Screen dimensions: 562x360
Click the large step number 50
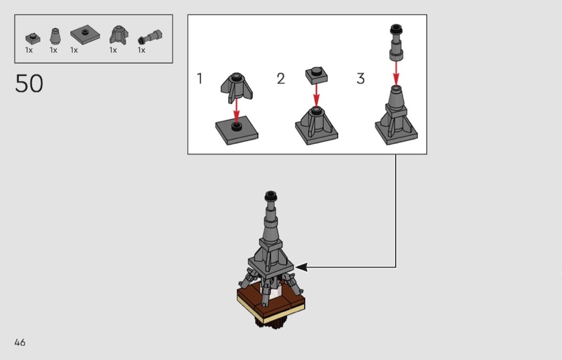29,83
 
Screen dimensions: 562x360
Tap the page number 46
20,342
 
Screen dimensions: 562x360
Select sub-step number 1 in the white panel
200,79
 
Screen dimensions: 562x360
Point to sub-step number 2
280,79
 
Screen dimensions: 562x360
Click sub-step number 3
361,79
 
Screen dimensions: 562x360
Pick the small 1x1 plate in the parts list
33,38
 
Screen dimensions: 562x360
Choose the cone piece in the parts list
55,36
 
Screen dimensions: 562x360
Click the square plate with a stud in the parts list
85,35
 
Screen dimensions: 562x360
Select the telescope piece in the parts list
150,37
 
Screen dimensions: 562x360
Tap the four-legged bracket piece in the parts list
119,35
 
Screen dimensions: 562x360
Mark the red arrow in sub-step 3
396,73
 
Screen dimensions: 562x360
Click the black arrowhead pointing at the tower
301,267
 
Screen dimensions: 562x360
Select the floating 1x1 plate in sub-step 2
316,75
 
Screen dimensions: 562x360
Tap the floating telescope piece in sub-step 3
396,42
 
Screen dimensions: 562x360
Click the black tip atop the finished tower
271,196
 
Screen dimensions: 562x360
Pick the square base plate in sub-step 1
237,131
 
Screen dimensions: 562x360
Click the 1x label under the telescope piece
142,50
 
